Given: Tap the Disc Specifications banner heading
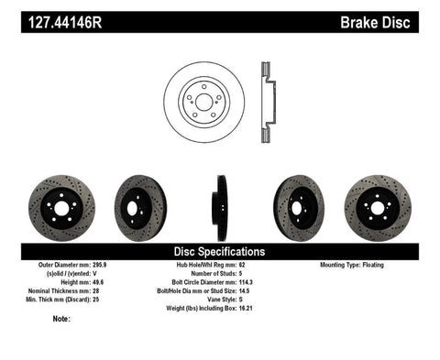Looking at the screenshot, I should [220, 250].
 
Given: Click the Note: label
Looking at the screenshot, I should [62, 319].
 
